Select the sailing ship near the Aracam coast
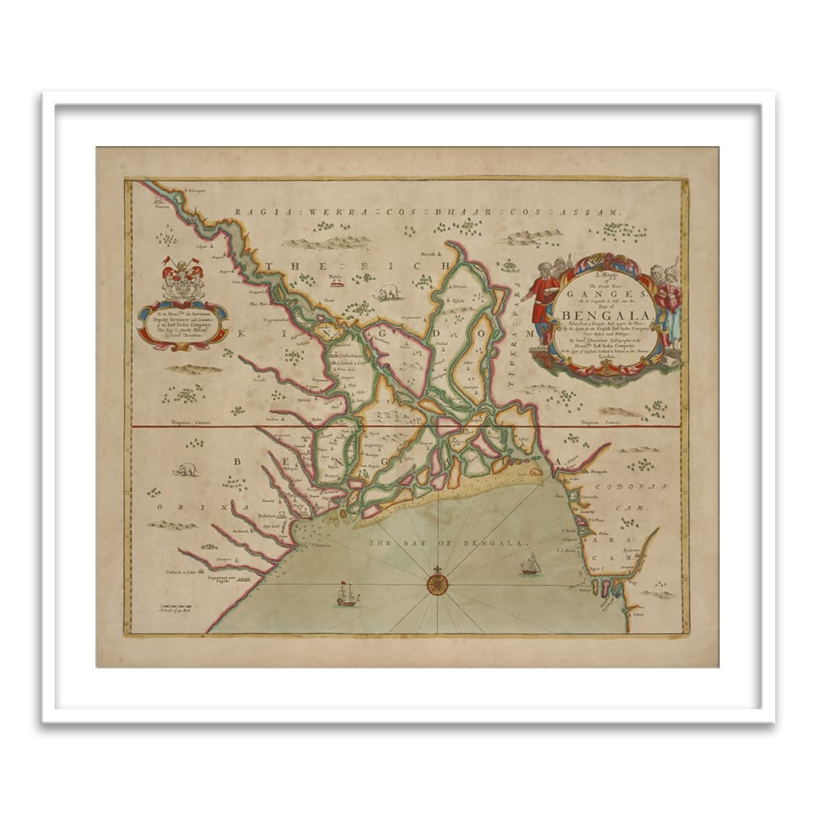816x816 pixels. (530, 563)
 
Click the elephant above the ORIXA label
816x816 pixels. (186, 469)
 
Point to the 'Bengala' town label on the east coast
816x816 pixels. (599, 472)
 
